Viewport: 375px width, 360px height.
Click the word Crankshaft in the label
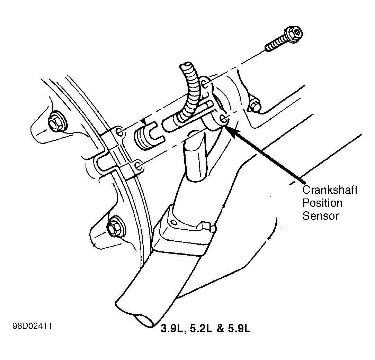330,190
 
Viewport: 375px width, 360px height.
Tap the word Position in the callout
322,203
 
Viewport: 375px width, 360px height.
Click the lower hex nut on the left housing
113,227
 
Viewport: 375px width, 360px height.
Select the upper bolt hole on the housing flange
119,132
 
